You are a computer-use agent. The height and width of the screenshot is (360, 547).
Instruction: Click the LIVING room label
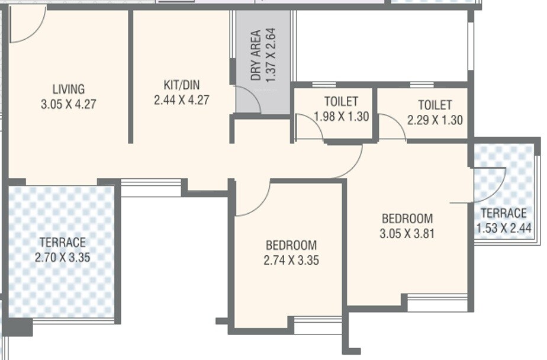click(68, 89)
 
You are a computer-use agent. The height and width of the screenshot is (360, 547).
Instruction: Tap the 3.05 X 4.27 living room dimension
click(68, 104)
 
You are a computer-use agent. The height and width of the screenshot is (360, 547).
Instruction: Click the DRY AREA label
click(256, 55)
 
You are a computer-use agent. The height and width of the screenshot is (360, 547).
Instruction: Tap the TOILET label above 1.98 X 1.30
click(341, 101)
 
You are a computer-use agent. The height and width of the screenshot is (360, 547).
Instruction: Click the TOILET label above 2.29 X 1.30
click(435, 105)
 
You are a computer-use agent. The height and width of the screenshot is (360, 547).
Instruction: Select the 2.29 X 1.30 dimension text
click(435, 120)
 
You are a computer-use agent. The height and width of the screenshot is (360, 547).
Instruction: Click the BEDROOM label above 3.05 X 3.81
click(407, 218)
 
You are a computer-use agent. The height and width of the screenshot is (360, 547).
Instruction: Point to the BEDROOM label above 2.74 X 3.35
click(291, 245)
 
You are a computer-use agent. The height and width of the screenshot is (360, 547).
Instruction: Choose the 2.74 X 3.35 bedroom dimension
click(291, 259)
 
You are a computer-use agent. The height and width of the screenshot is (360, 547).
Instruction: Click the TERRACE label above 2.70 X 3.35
click(62, 242)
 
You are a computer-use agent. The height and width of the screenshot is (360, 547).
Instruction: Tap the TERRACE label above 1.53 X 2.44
click(503, 213)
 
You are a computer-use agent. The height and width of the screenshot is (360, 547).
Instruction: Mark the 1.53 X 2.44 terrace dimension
click(503, 228)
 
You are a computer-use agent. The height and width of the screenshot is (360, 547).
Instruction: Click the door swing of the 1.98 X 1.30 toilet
click(308, 127)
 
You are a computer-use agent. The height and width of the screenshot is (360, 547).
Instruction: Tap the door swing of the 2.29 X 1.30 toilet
click(391, 127)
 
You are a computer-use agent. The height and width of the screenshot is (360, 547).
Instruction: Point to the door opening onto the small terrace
click(490, 185)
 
